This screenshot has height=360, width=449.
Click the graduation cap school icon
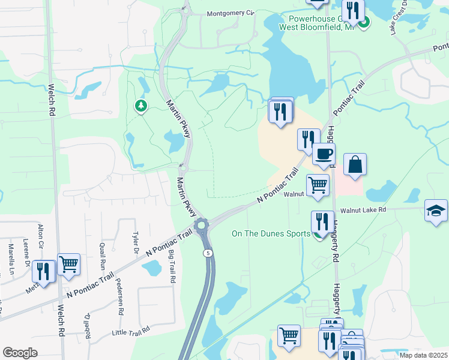[436, 211]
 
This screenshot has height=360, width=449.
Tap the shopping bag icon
[355, 164]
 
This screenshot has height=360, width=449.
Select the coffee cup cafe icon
[324, 154]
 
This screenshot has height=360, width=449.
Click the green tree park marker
[141, 106]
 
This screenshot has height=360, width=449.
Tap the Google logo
[20, 353]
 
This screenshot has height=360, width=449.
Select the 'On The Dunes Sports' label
[271, 234]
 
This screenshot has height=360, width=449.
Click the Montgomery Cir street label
[231, 13]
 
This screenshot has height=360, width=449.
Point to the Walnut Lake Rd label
[363, 210]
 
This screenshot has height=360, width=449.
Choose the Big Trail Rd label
[172, 267]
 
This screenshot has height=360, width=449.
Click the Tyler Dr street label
[136, 244]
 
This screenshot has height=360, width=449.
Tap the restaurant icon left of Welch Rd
[44, 271]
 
